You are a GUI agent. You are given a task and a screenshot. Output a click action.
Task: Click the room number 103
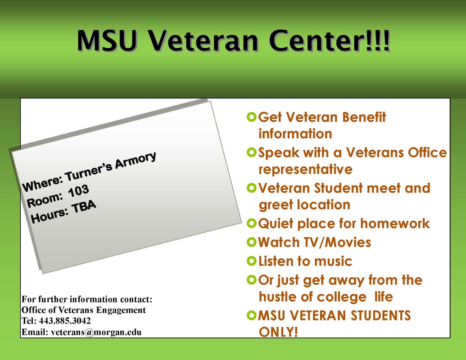[x=78, y=191]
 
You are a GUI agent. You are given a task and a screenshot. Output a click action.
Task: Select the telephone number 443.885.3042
[x=65, y=321]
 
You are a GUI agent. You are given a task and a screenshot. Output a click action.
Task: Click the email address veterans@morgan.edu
[x=96, y=332]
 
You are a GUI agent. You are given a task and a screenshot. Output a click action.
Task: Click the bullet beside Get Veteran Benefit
[x=251, y=117]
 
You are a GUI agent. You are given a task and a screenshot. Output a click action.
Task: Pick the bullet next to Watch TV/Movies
[x=251, y=242]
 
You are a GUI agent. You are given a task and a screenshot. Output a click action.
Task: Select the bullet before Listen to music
[x=251, y=261]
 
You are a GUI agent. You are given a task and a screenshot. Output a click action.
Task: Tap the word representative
[x=306, y=170]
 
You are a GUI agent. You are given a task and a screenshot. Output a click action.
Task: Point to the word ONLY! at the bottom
[x=278, y=332]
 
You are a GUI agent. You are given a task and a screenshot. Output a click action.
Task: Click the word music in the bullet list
[x=333, y=261]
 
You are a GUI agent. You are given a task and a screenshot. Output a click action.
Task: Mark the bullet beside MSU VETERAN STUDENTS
[x=251, y=315]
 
